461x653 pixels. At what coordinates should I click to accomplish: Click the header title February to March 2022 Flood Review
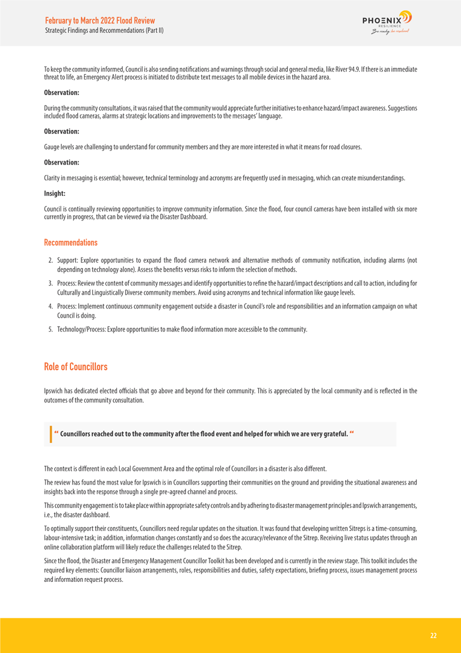click(100, 20)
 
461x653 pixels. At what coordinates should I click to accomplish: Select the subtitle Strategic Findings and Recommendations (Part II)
click(104, 30)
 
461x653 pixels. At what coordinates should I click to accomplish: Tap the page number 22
click(433, 635)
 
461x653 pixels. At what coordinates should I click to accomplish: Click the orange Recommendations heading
click(71, 242)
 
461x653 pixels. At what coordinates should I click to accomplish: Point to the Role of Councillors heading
click(75, 366)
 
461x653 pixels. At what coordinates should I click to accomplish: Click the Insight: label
click(54, 193)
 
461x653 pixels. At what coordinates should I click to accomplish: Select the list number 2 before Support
click(50, 259)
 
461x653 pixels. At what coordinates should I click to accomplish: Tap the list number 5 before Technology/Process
click(50, 329)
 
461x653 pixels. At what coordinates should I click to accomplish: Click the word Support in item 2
click(66, 259)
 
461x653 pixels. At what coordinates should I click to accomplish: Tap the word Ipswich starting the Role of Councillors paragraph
click(53, 390)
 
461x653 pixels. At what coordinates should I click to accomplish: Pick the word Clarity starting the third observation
click(52, 178)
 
